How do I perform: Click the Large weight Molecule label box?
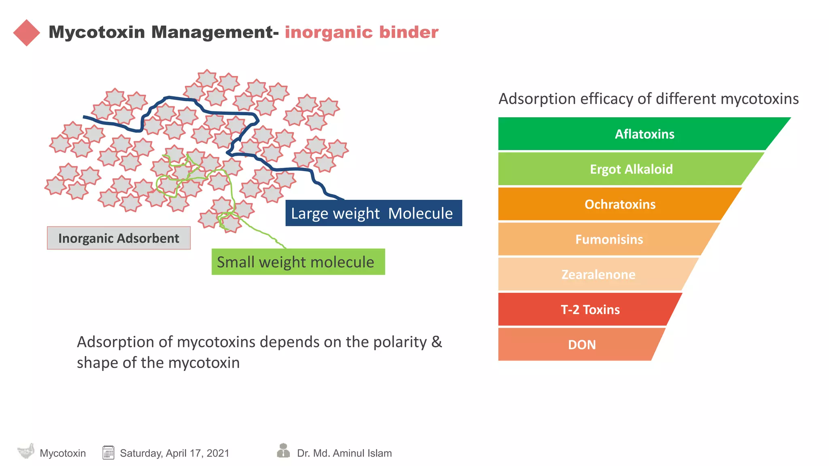tap(373, 213)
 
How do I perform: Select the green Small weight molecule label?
tap(298, 262)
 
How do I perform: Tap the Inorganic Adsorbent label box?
tap(119, 238)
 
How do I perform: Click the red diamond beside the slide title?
tap(27, 33)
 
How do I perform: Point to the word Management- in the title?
tap(215, 32)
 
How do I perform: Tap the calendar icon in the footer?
tap(108, 453)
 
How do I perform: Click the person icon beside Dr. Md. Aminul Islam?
tap(283, 451)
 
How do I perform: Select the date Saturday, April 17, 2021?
tap(174, 453)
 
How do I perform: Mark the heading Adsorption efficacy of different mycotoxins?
tap(648, 99)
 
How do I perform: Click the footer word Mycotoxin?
tap(63, 453)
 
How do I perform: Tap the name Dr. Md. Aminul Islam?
tap(344, 453)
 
